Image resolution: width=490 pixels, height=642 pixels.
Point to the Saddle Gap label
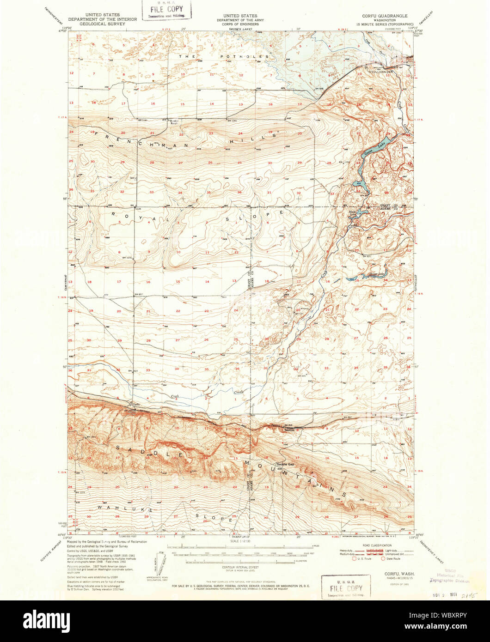[285, 464]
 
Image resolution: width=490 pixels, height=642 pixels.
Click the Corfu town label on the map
[135, 405]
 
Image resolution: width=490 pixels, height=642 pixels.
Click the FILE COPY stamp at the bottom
[345, 587]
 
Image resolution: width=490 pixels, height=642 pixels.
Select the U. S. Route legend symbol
[355, 559]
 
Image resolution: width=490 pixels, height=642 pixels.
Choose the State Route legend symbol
[384, 559]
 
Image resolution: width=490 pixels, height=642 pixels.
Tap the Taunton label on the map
[289, 429]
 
